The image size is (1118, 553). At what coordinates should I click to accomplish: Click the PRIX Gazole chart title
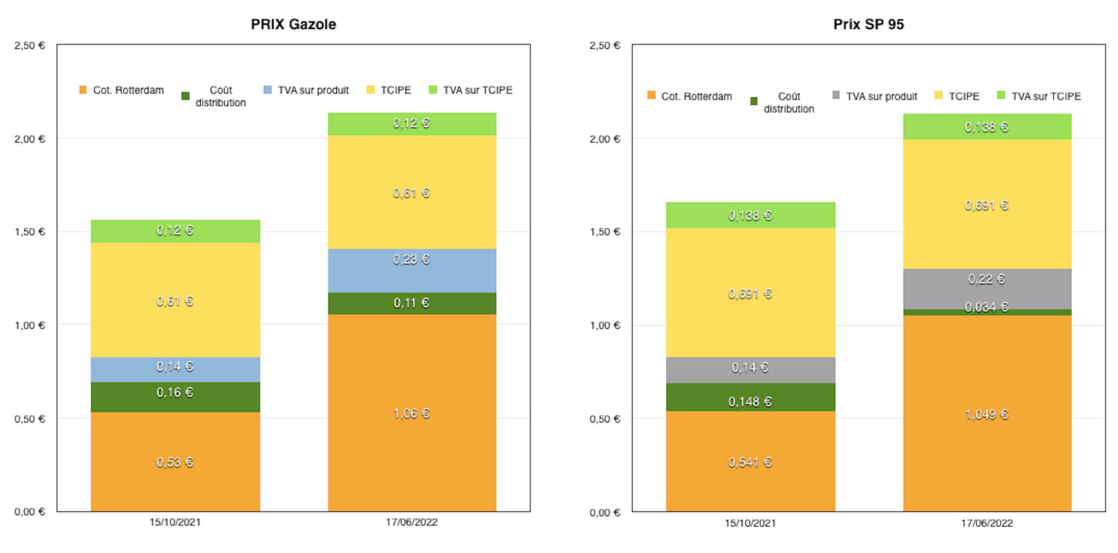293,24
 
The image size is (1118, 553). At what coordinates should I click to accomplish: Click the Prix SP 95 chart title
868,24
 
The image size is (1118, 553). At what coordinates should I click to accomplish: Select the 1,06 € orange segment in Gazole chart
412,413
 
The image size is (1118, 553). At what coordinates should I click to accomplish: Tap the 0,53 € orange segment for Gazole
175,462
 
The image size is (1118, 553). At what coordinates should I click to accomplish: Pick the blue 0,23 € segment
412,270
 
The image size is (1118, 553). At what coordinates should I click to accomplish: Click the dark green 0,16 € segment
175,397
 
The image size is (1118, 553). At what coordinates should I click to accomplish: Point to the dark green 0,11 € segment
412,303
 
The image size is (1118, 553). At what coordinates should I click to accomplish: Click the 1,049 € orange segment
987,414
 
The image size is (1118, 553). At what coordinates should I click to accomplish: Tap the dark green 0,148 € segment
750,397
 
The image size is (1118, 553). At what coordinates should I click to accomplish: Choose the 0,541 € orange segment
750,462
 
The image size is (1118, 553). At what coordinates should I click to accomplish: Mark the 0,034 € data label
986,307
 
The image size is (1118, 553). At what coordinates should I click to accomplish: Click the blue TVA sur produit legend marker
268,90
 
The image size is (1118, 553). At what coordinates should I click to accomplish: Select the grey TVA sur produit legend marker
836,95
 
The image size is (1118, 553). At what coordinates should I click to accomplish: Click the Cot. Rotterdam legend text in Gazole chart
128,90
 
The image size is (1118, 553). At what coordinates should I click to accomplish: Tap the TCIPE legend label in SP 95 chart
964,96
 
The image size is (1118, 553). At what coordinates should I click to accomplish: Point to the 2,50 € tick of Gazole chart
29,46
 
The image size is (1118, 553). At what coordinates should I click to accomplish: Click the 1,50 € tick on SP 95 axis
605,232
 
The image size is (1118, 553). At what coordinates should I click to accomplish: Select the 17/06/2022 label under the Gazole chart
411,522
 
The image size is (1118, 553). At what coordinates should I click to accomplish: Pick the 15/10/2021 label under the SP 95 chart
750,523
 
